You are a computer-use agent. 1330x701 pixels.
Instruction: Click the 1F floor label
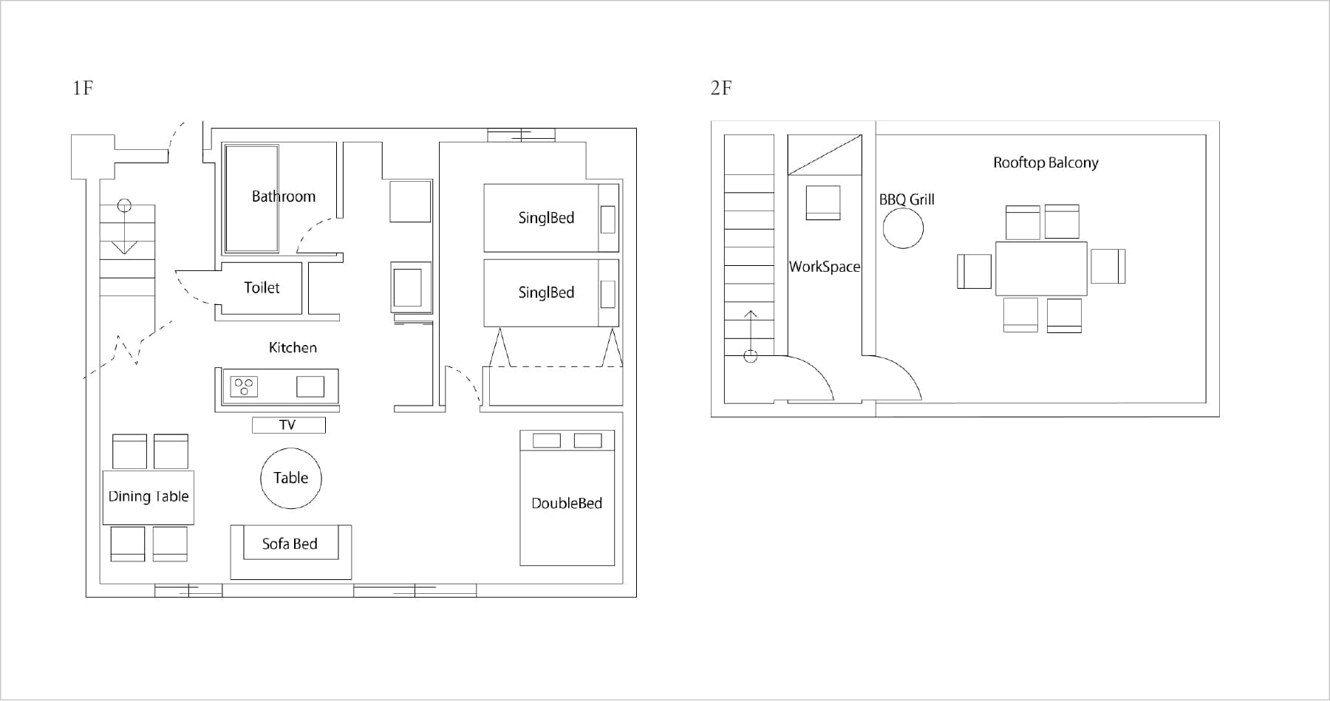(83, 88)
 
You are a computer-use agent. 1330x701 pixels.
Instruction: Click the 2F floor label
(721, 88)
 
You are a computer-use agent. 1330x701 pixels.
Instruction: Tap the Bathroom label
(284, 196)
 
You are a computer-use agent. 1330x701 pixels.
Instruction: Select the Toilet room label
(262, 287)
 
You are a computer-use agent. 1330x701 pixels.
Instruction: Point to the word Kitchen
(293, 347)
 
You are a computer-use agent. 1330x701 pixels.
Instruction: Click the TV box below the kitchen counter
(288, 425)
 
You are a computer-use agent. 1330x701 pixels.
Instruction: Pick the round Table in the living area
(291, 479)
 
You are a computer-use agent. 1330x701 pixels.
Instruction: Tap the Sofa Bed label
(290, 544)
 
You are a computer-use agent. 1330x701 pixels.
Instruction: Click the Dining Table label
(149, 496)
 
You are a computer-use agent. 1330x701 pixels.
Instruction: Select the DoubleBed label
(567, 503)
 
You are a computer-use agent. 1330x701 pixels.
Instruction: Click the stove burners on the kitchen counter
(244, 386)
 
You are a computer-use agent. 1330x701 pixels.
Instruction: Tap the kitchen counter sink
(310, 386)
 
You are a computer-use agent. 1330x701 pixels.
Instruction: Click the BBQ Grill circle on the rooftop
(903, 228)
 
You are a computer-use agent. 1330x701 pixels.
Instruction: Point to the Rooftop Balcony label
(1046, 163)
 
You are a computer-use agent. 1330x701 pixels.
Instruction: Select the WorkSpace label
(825, 267)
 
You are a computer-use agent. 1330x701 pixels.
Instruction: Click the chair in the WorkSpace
(823, 202)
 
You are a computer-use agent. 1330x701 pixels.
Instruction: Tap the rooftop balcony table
(1041, 268)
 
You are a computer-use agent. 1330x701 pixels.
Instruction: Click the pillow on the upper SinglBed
(608, 219)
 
